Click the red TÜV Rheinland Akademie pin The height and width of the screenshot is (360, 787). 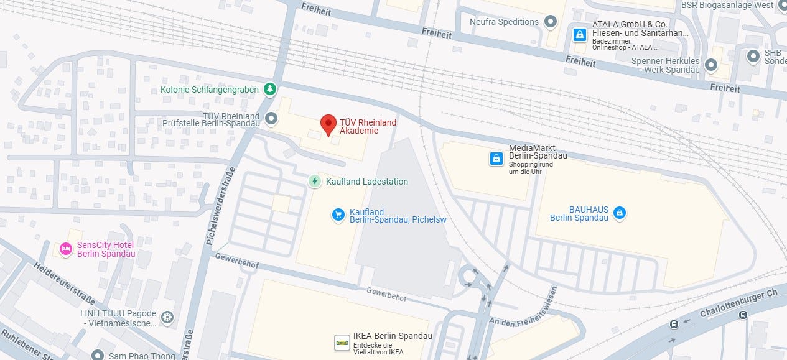click(x=328, y=124)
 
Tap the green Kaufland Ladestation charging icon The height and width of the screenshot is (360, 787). click(x=315, y=182)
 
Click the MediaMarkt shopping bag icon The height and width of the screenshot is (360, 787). click(x=496, y=159)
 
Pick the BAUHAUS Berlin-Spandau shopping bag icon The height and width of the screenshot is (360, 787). click(x=619, y=213)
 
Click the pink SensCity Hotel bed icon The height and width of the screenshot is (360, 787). click(x=66, y=249)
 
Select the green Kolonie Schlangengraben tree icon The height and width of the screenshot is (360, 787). click(x=269, y=90)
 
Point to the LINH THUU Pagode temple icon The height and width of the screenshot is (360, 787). click(x=167, y=318)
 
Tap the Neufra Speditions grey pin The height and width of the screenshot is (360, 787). click(x=550, y=22)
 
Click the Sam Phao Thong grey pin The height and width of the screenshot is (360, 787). click(x=98, y=355)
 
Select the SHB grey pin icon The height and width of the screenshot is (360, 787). click(x=753, y=57)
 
